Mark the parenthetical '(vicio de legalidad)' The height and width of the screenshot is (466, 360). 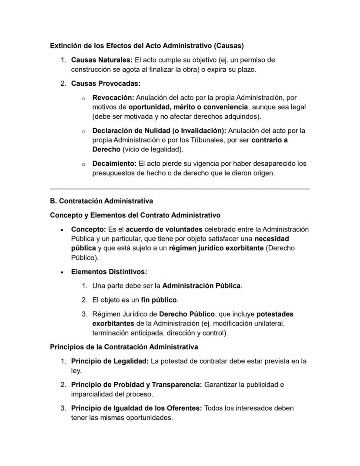tap(153, 149)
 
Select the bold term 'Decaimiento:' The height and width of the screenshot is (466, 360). tap(114, 164)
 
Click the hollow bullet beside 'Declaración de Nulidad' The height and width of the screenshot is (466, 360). tap(83, 131)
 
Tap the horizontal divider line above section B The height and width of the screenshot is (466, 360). tap(180, 189)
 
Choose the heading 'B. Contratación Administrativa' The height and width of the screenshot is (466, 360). tap(101, 201)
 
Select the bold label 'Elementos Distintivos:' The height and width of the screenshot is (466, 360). tap(109, 272)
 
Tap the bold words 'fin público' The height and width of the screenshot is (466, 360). tap(159, 300)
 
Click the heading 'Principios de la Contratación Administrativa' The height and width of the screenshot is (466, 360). tap(124, 347)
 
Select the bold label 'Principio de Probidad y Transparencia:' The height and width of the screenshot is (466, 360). tap(137, 385)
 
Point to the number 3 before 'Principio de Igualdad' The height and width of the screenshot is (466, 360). tap(63, 408)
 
